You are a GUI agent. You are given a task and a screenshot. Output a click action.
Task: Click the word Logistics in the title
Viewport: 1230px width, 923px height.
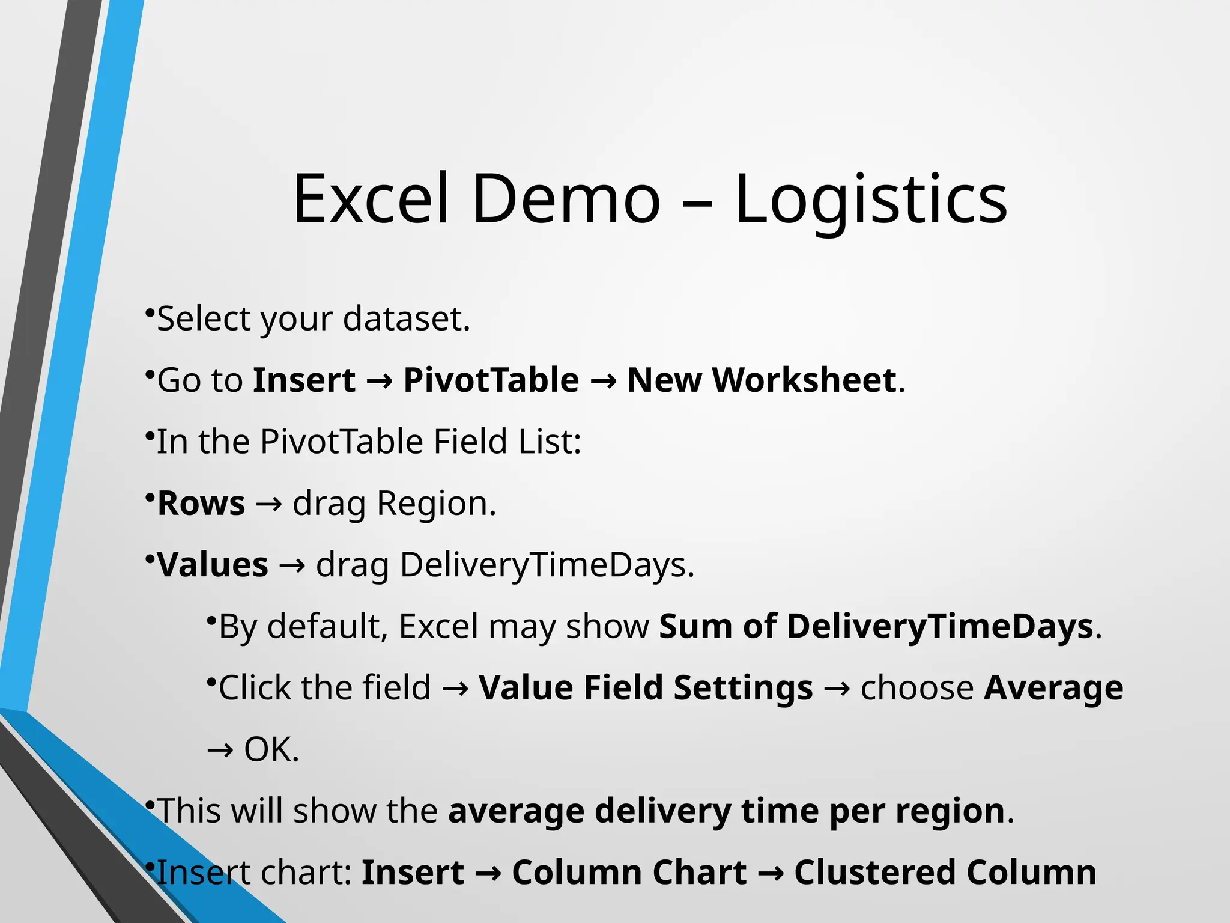pyautogui.click(x=871, y=200)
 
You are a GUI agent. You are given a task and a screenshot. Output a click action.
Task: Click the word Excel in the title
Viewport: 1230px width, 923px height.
pyautogui.click(x=371, y=200)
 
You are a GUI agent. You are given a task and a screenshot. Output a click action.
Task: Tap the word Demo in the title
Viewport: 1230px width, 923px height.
pyautogui.click(x=566, y=200)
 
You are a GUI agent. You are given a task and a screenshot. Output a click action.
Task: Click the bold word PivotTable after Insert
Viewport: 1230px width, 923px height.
pyautogui.click(x=491, y=380)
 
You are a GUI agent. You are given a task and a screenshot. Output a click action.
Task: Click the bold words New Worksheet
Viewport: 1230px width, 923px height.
pyautogui.click(x=762, y=380)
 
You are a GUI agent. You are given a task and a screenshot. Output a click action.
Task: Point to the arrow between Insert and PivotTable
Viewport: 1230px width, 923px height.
pyautogui.click(x=379, y=382)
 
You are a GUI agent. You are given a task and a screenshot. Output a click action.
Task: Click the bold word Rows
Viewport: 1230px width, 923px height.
pyautogui.click(x=201, y=504)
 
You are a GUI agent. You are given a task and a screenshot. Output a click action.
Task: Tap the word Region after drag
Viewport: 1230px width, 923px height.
pyautogui.click(x=435, y=504)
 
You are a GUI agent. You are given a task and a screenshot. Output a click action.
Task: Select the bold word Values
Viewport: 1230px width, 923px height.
pyautogui.click(x=213, y=565)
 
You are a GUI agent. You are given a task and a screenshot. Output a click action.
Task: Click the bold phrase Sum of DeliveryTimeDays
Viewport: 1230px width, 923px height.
pyautogui.click(x=876, y=627)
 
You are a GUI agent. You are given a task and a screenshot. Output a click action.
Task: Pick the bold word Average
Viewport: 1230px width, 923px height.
pyautogui.click(x=1053, y=688)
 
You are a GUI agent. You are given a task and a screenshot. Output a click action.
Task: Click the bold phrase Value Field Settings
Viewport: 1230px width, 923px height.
pyautogui.click(x=646, y=688)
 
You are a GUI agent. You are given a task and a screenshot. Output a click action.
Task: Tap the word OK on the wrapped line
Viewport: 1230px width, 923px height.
pyautogui.click(x=270, y=749)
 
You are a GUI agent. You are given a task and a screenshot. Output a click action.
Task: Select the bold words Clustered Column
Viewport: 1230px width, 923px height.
pyautogui.click(x=945, y=873)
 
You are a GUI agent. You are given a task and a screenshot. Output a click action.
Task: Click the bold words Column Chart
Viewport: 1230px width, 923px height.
pyautogui.click(x=629, y=873)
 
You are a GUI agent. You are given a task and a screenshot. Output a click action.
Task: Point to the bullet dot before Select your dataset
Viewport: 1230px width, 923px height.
pyautogui.click(x=150, y=311)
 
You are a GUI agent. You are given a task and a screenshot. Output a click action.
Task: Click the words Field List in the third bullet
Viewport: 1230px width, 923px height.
pyautogui.click(x=507, y=442)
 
